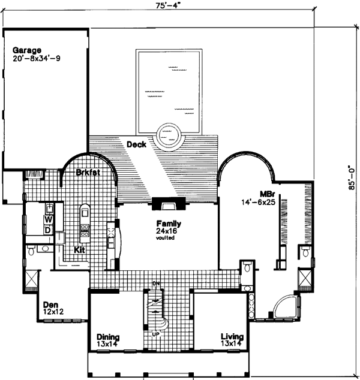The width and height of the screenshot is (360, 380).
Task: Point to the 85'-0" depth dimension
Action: point(353,178)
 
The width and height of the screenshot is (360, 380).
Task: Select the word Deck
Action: point(136,144)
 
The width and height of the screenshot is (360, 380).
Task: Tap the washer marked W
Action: point(47,220)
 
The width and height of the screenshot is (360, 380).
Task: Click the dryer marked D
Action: point(47,230)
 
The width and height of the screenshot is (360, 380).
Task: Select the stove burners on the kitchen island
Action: point(85,230)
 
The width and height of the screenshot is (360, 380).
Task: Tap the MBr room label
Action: point(267,194)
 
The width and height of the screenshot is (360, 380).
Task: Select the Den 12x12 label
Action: point(53,308)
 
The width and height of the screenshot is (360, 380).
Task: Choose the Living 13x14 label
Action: point(232,340)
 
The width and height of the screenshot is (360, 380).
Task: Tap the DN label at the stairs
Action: point(155,283)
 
